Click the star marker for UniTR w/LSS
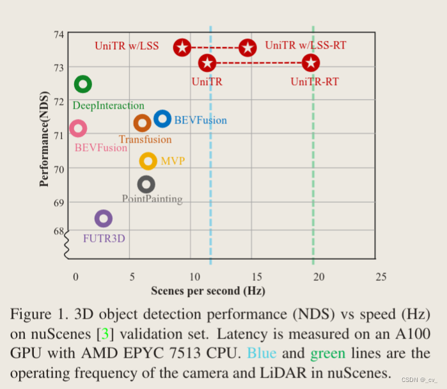[182, 47]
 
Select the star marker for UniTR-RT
[311, 63]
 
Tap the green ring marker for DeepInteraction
[82, 84]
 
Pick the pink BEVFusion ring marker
[78, 129]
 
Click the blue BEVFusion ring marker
[162, 118]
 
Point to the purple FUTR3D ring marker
[103, 219]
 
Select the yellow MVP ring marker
[148, 161]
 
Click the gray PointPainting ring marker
[146, 185]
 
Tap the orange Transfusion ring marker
[142, 123]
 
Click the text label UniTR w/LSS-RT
[306, 45]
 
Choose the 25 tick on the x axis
[380, 276]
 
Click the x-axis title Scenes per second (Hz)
[208, 291]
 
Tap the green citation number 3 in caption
[105, 334]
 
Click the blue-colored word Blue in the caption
[263, 353]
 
